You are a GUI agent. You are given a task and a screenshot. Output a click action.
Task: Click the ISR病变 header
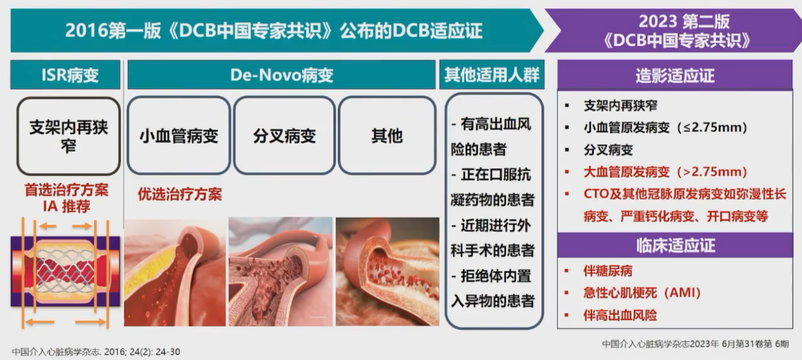pos(65,75)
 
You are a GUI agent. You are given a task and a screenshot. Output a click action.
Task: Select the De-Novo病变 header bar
pos(281,75)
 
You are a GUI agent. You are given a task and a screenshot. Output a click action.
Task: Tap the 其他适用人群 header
pos(491,75)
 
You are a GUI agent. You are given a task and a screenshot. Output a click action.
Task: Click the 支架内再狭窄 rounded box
pos(68,136)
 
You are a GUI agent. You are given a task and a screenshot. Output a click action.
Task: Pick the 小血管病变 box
pos(178,135)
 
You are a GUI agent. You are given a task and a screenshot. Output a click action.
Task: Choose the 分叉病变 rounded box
pos(284,135)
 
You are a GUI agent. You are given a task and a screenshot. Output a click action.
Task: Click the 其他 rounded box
pos(387,135)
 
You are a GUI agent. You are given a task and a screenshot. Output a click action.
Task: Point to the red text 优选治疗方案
pos(180,194)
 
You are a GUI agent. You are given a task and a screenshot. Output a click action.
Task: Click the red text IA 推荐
pos(66,206)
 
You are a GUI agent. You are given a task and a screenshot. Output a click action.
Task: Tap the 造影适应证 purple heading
pos(675,75)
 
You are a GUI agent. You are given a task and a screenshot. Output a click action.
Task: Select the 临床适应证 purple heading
pos(675,245)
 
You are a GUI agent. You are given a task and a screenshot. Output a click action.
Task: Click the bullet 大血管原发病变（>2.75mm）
pos(665,172)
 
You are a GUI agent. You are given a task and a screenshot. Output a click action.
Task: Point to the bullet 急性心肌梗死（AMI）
pos(642,293)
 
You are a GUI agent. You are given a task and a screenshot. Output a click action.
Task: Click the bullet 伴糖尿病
pos(608,271)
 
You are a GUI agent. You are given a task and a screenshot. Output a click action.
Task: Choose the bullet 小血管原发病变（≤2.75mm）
pos(665,127)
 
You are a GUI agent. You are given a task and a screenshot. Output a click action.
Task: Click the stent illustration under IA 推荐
pos(65,272)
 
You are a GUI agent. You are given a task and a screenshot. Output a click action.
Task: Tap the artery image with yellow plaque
pos(175,272)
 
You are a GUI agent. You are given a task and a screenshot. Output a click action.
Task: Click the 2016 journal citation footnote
pos(96,351)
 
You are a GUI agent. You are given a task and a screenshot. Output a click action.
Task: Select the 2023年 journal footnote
pos(695,344)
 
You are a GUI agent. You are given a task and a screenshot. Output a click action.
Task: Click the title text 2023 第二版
pos(684,22)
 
